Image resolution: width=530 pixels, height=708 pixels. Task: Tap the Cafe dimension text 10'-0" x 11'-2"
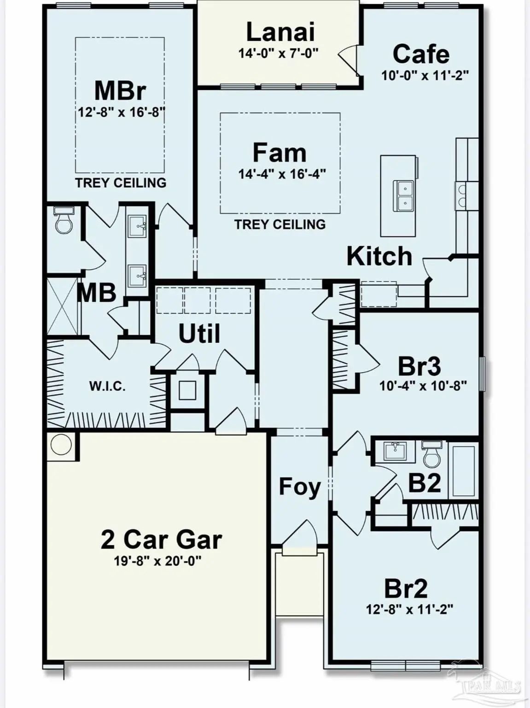click(425, 76)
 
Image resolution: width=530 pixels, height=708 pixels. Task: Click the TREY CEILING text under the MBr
click(121, 183)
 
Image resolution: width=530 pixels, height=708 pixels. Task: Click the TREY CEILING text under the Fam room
click(280, 224)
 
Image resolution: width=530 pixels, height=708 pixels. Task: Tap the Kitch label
click(379, 256)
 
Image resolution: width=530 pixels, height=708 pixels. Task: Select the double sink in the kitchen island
click(403, 196)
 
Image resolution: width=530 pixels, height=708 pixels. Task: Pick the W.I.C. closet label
click(108, 387)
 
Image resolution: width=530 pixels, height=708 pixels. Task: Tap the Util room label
click(199, 333)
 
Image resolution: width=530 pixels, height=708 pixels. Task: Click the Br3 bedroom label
click(419, 366)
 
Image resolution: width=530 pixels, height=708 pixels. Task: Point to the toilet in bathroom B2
click(432, 454)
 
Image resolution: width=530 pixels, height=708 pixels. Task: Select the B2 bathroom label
click(424, 483)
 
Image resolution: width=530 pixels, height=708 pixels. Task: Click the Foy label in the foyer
click(300, 488)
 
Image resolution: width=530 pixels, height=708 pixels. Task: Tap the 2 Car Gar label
click(162, 539)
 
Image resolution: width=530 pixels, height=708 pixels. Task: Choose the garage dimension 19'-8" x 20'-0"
click(158, 561)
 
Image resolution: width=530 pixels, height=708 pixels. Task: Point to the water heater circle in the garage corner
click(61, 444)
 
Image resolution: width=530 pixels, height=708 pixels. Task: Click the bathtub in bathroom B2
click(463, 471)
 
